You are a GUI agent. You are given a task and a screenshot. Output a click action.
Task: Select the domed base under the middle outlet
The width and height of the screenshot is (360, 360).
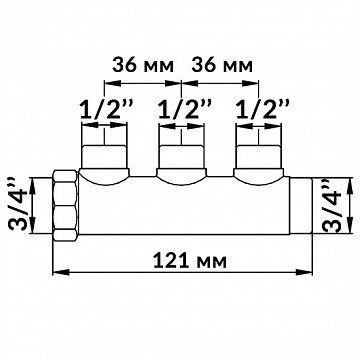click(x=179, y=178)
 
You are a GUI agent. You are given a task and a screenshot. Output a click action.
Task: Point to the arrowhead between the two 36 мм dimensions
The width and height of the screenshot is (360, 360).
click(x=179, y=84)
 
